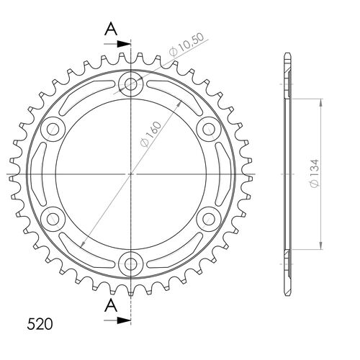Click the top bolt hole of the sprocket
click(x=130, y=85)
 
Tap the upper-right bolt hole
click(x=207, y=130)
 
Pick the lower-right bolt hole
click(x=207, y=218)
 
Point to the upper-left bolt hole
click(x=53, y=130)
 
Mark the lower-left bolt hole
click(x=53, y=218)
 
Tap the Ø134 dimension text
click(x=336, y=174)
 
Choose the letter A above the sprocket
click(x=111, y=29)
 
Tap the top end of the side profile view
click(x=287, y=57)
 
